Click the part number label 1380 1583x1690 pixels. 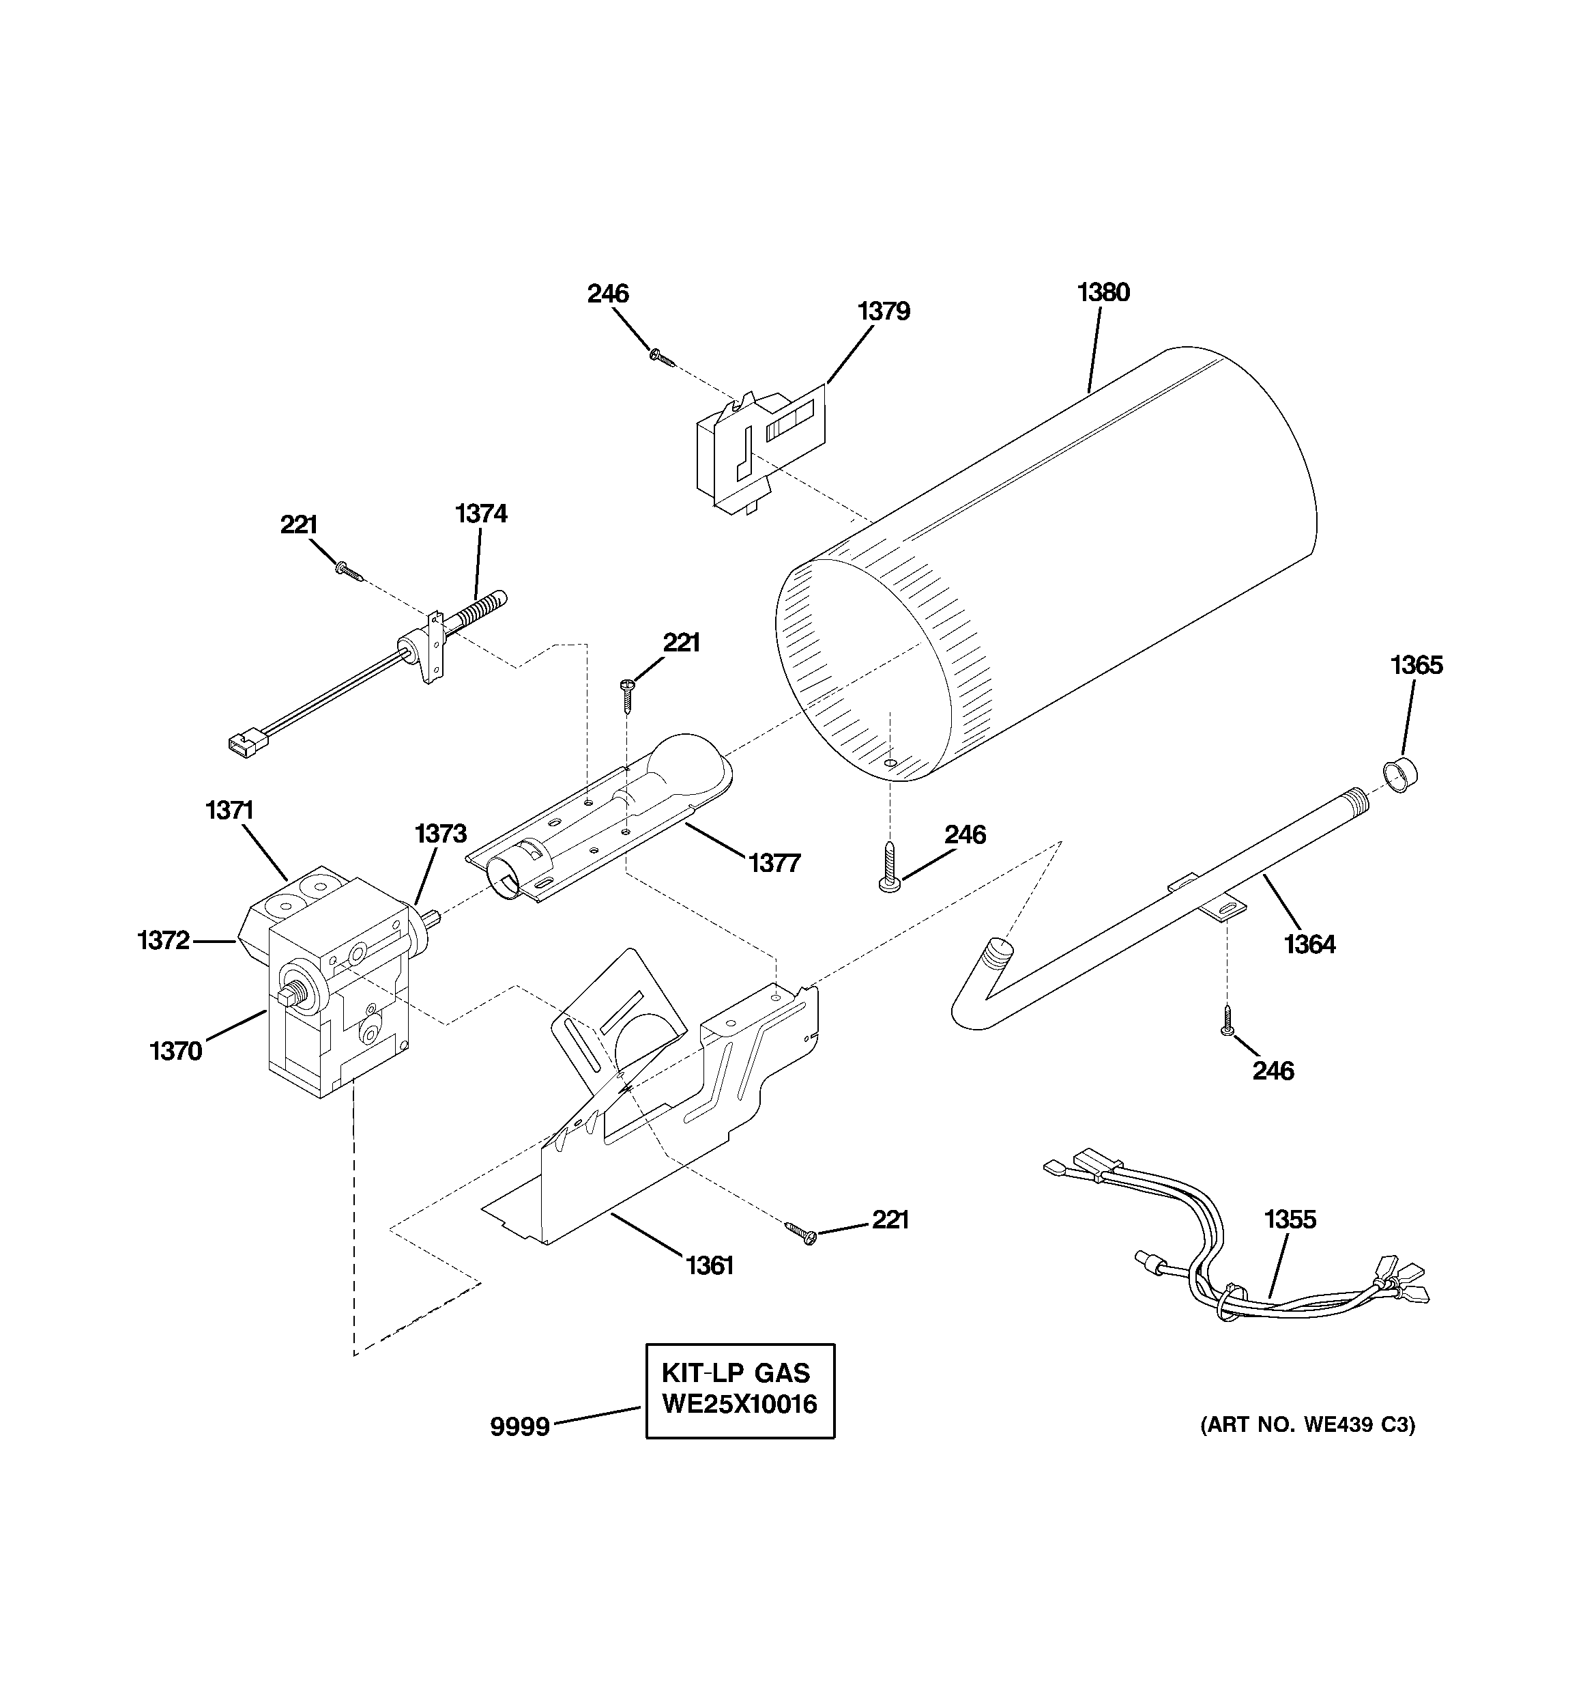(1103, 292)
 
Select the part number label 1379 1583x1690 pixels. (884, 311)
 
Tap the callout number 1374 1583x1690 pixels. (481, 513)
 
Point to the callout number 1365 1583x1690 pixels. (1417, 665)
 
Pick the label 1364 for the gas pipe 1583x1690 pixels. (1309, 944)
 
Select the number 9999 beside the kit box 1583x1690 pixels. (520, 1426)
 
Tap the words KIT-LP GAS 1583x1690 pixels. (736, 1373)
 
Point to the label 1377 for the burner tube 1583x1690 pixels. (774, 864)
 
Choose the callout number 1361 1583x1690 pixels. (710, 1266)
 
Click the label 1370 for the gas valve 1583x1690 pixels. (176, 1052)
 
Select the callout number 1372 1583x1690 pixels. (163, 940)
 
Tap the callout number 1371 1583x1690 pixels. (229, 810)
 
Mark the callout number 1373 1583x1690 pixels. (440, 834)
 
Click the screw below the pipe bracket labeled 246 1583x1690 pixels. (1226, 1020)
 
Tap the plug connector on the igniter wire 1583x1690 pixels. (242, 746)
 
